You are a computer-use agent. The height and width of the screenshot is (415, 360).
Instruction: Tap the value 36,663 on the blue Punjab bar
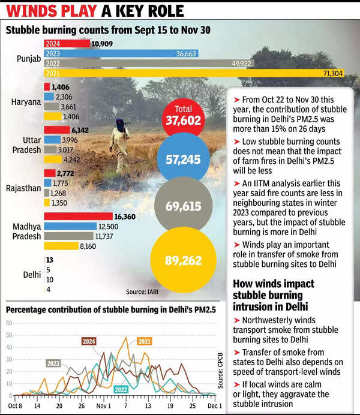[188, 53]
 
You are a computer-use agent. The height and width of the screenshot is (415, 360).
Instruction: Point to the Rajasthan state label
[25, 188]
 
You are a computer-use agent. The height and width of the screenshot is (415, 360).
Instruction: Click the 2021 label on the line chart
[144, 342]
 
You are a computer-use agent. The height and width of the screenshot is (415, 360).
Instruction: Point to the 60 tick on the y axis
[8, 323]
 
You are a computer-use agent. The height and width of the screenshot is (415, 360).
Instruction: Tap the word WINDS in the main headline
[34, 11]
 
